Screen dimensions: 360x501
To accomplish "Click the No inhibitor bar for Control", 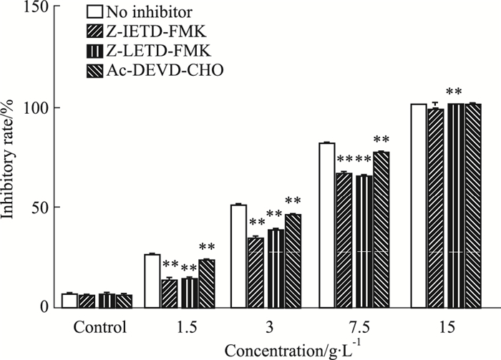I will (x=69, y=301).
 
